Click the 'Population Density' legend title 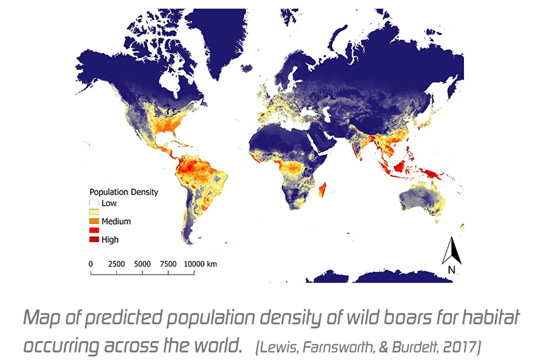point(124,192)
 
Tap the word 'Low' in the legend point(108,202)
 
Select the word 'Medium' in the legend point(115,221)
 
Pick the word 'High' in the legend point(110,240)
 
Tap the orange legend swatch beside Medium point(94,221)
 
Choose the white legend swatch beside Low point(94,202)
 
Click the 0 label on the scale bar point(91,264)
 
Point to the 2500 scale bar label point(116,264)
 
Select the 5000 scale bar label point(143,264)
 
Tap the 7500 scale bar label point(169,264)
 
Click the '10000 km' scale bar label point(201,264)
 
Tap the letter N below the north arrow point(452,270)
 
